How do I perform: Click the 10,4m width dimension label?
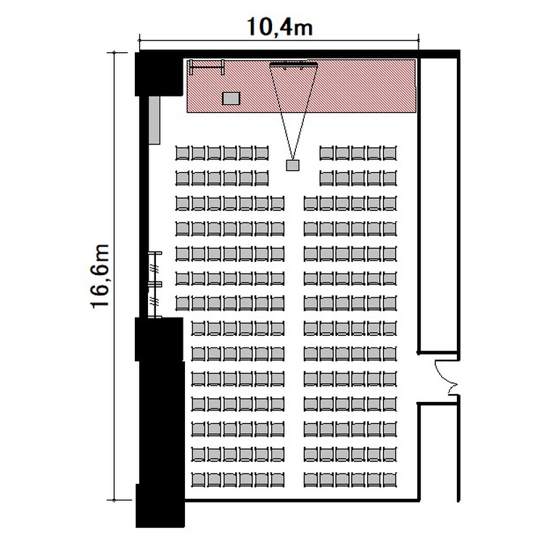280,27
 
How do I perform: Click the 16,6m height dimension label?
100,276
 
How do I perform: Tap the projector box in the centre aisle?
292,165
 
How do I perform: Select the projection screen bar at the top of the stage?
294,64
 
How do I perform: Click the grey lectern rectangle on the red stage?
231,98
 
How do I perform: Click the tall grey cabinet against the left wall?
154,120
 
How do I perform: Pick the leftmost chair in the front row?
183,153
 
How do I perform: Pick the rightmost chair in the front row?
390,153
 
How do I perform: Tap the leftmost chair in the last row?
199,480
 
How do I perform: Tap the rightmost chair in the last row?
390,480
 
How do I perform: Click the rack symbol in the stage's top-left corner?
207,67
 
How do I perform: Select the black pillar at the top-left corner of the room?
159,74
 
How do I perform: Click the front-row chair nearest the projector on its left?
262,153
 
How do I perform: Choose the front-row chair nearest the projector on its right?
326,153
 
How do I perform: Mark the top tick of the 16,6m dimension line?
113,53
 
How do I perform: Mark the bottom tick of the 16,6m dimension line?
113,500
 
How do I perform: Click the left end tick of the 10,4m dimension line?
139,40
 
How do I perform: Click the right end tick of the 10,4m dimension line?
419,40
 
